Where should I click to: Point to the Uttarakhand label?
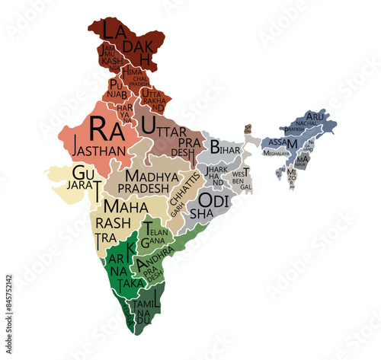point(152,99)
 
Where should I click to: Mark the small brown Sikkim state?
point(247,130)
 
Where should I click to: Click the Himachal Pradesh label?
point(138,75)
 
